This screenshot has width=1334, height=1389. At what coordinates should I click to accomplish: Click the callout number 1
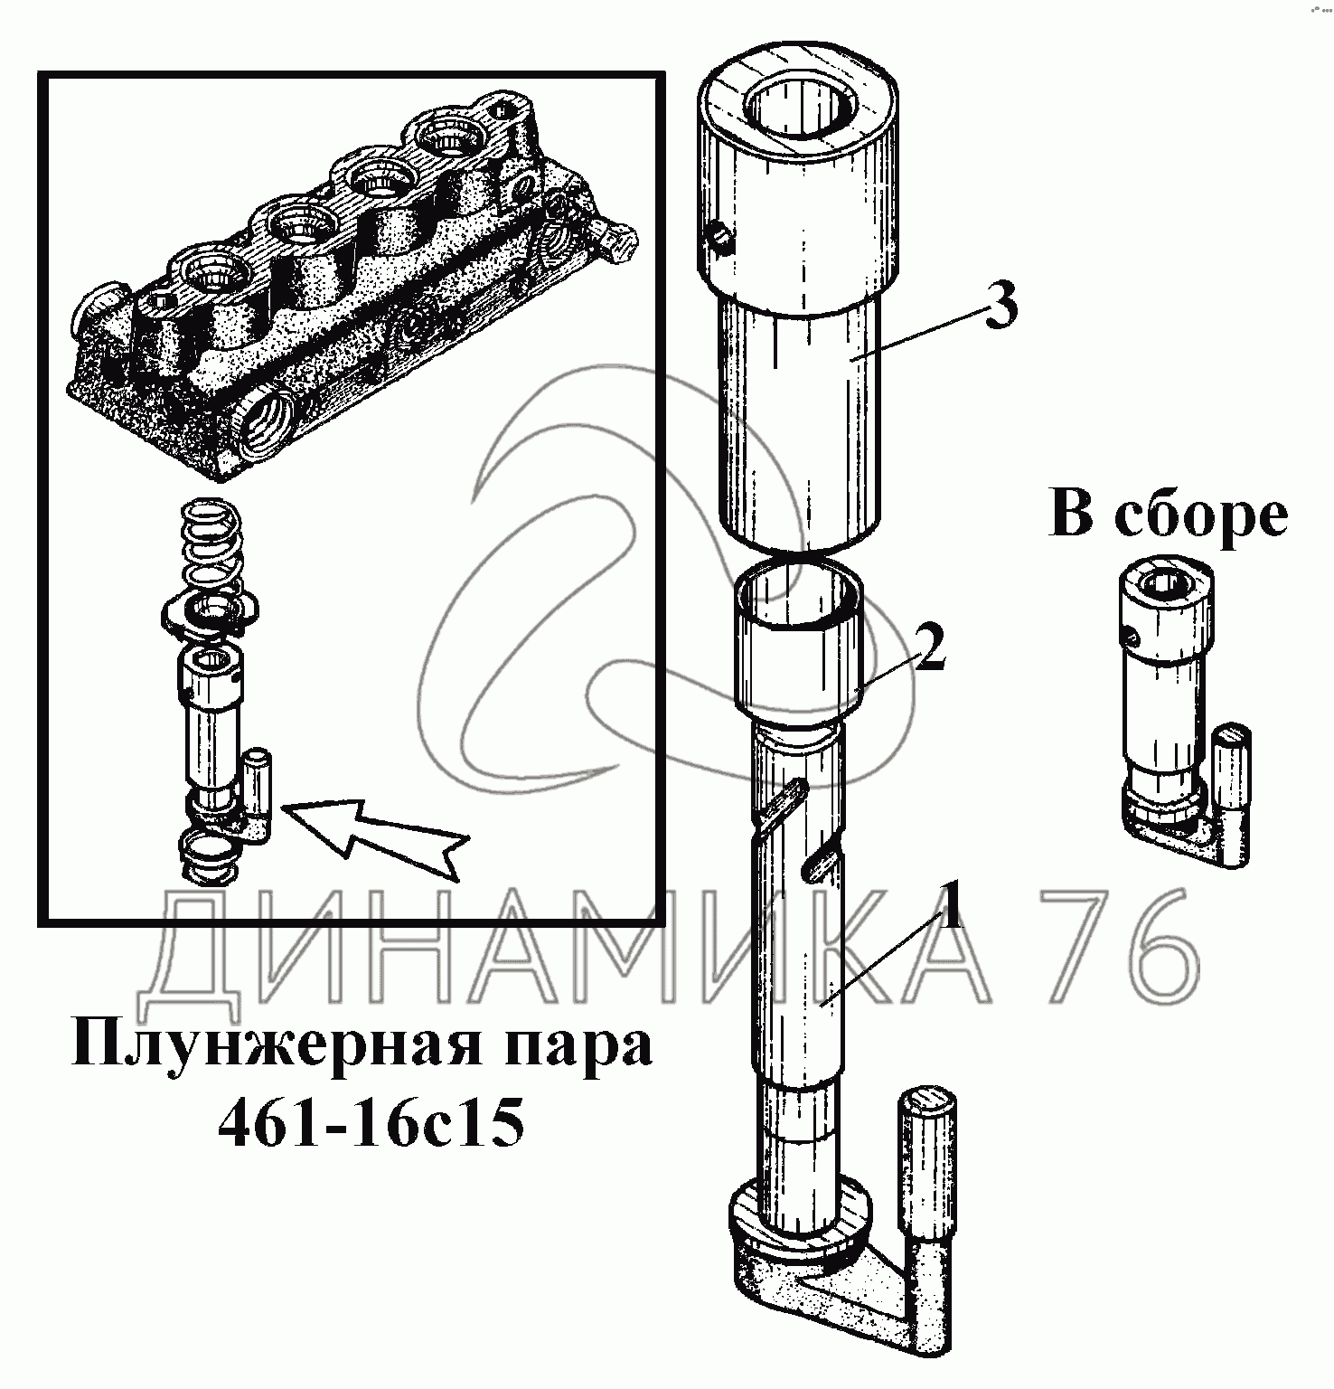pos(948,903)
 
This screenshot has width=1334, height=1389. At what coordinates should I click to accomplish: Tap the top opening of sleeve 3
pos(802,107)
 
